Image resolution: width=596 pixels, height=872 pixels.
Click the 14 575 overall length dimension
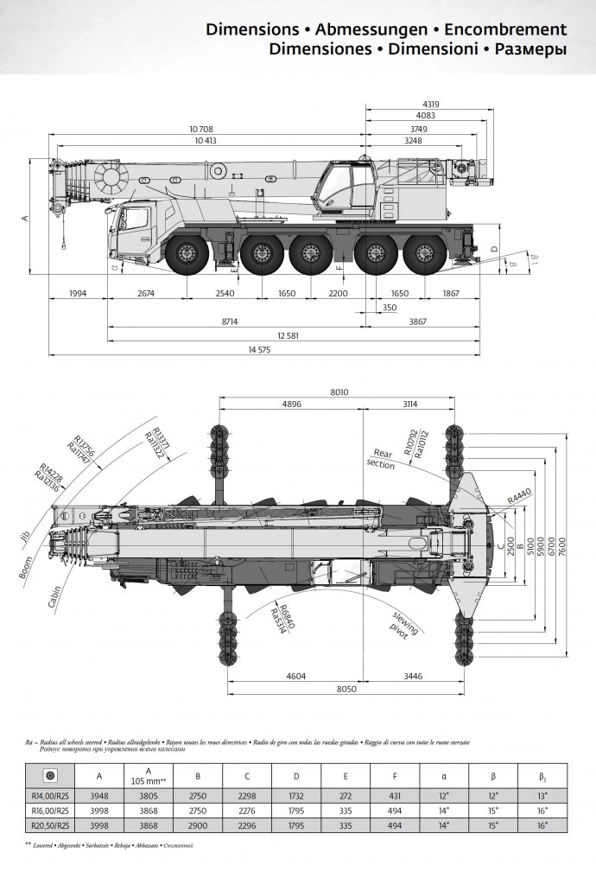tap(260, 349)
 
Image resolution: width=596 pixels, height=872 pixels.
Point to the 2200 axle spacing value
tap(338, 294)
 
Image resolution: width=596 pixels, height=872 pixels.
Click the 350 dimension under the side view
tap(390, 308)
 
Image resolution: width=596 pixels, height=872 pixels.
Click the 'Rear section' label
tap(381, 459)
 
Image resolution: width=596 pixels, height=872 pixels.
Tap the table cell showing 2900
tap(198, 827)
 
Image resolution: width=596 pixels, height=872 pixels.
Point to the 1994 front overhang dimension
tap(78, 294)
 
